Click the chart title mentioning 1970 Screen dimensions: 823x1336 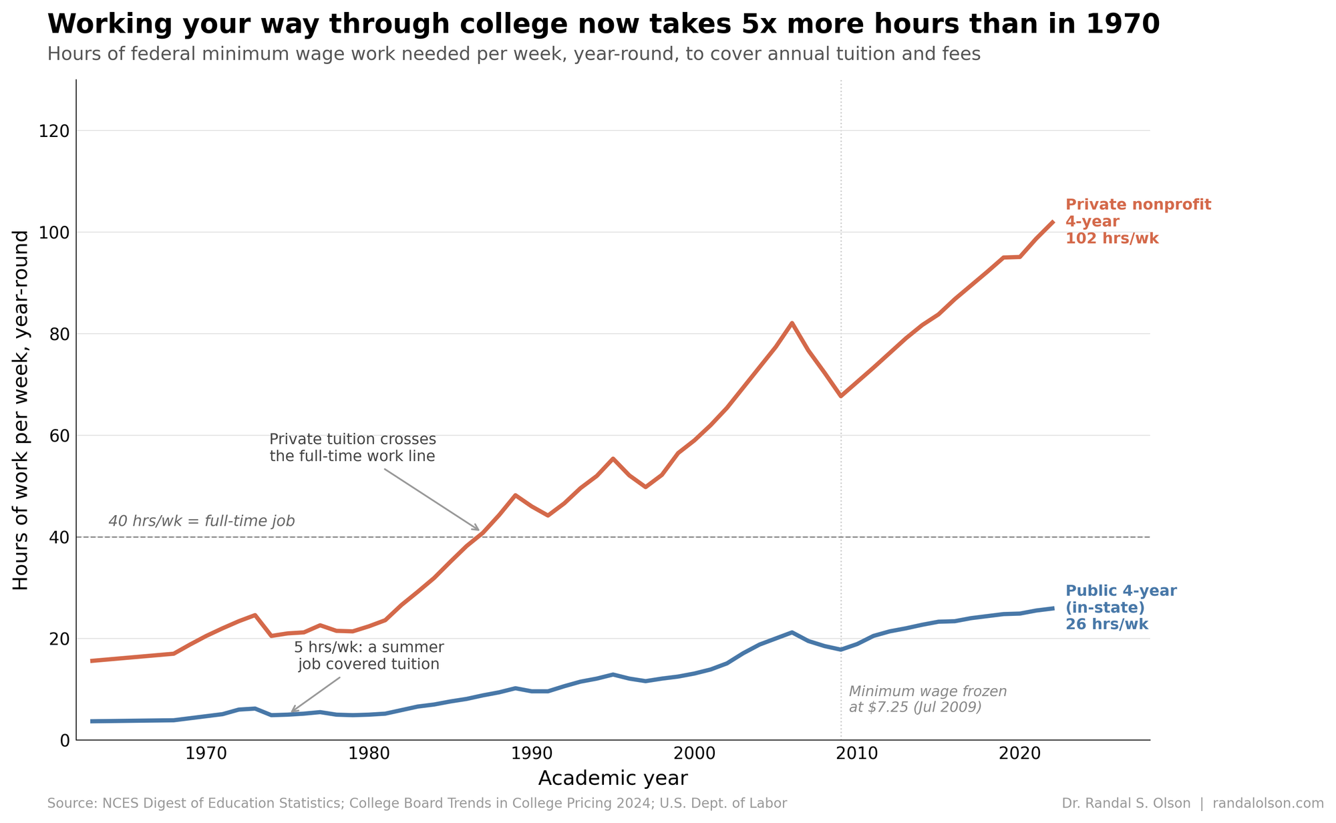[603, 25]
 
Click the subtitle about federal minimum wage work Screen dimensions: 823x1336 [513, 55]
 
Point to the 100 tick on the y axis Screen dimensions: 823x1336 [56, 232]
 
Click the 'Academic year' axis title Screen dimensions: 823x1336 [613, 779]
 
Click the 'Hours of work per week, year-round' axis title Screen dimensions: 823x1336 [21, 410]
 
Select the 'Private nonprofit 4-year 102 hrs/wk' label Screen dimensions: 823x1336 [1138, 222]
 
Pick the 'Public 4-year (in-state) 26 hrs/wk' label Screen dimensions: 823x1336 [1120, 608]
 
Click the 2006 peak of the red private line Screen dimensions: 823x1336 [792, 323]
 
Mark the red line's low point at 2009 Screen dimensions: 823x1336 [840, 396]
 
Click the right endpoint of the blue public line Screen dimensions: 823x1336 [1053, 608]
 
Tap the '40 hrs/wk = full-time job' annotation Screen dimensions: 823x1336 [201, 521]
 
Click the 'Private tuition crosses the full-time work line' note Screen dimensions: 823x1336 [352, 448]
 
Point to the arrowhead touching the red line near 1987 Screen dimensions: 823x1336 [478, 530]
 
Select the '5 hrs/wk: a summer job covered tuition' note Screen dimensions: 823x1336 [369, 656]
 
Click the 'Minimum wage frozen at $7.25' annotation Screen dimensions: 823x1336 [927, 699]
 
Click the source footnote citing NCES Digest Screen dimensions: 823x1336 [417, 804]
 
